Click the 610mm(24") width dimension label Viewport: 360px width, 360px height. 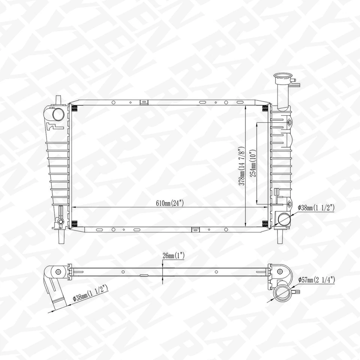point(169,204)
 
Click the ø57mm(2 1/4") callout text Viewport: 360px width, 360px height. point(316,279)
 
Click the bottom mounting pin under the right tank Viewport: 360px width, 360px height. point(280,236)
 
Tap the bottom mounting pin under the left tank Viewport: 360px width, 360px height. point(61,235)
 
